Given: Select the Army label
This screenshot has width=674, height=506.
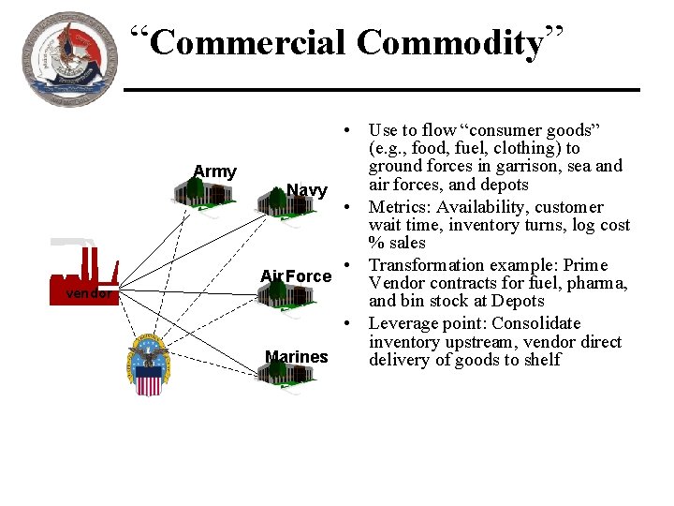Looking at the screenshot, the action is pos(214,171).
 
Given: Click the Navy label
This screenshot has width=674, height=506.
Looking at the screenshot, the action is pos(306,190).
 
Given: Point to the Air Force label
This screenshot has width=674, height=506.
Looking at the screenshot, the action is pos(296,275).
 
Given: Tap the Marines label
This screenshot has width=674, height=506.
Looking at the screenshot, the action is pos(297,356).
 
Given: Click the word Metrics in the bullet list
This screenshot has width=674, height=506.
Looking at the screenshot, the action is pos(398,207).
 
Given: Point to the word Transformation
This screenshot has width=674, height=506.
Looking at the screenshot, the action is pos(425,265).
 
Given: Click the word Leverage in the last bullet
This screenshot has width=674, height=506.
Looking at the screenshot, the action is pos(404,323).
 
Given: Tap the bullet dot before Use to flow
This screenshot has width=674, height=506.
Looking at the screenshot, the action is pos(346,130).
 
